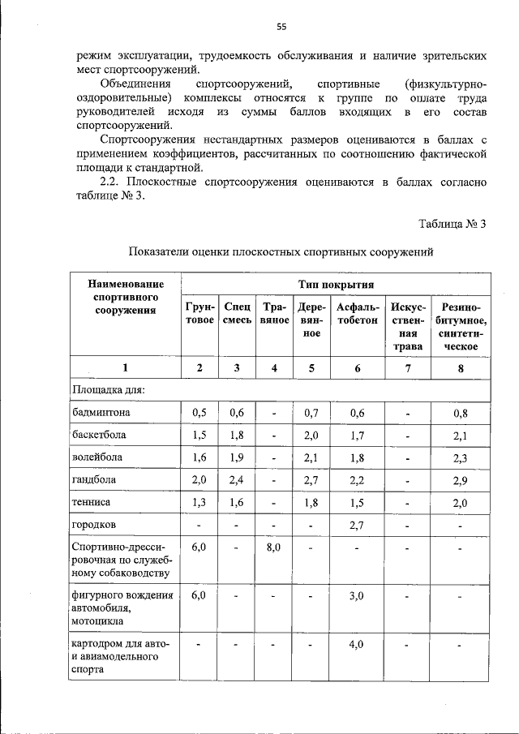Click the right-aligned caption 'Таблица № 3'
pos(452,224)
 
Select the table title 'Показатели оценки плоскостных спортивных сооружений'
pos(281,252)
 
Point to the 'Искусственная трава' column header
pos(408,326)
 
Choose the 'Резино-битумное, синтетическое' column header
pos(460,326)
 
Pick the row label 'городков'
pos(95,526)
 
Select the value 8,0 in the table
pos(273,548)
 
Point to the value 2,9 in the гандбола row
pos(460,480)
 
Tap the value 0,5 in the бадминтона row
pos(199,412)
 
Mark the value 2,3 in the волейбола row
pos(460,457)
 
